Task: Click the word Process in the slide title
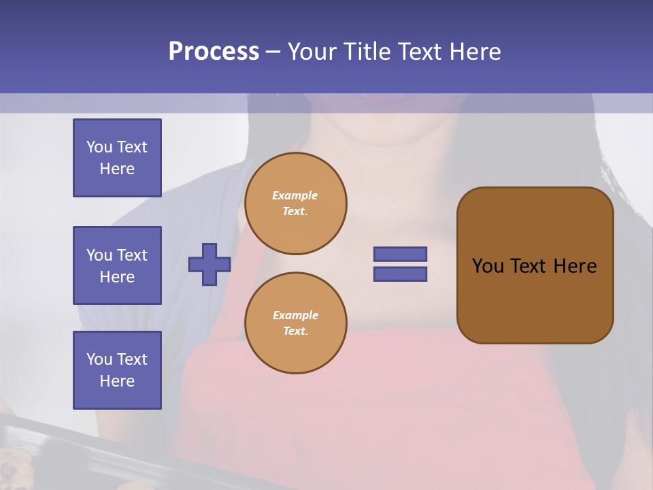click(214, 52)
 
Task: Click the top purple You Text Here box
click(117, 158)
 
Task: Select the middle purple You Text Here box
click(117, 265)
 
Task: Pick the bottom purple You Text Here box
click(117, 370)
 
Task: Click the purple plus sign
click(210, 264)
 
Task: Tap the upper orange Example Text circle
click(296, 203)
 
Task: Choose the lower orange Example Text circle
click(296, 323)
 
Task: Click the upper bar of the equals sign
click(400, 254)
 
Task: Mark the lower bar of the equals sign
click(400, 274)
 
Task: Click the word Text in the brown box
click(528, 266)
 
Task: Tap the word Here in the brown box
click(575, 266)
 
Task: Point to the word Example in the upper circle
click(295, 195)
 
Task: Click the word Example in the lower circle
click(295, 315)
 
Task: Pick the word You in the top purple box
click(99, 147)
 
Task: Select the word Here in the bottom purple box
click(117, 381)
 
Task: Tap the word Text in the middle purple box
click(131, 255)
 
